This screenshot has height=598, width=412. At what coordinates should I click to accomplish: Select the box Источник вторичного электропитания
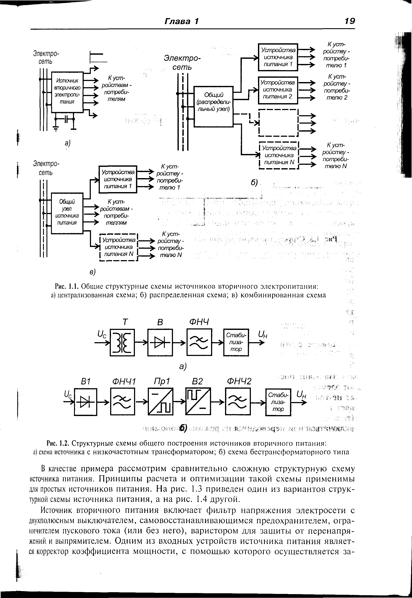tap(67, 92)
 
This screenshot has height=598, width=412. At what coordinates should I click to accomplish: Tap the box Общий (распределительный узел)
tap(213, 106)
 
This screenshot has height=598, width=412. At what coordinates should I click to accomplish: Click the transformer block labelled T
tap(122, 342)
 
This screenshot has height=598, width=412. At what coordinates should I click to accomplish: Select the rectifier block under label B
tap(160, 342)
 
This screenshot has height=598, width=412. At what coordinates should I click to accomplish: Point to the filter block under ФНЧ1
tap(122, 402)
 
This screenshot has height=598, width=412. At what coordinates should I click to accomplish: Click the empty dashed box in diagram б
tap(278, 123)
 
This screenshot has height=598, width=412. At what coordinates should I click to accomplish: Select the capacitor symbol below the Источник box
tap(66, 119)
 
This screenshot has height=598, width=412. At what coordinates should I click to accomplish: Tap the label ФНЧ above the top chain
tap(199, 322)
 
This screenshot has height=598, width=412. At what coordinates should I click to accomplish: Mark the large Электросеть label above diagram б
tap(182, 62)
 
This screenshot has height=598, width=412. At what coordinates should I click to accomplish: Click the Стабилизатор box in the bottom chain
tap(278, 402)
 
